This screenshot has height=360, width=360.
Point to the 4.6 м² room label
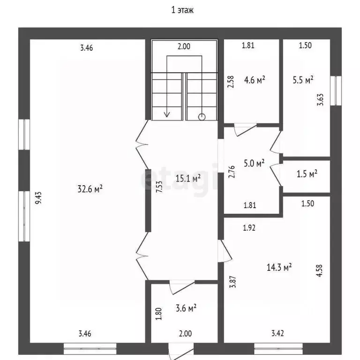[x=255, y=80]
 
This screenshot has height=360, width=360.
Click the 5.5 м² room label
[x=303, y=80]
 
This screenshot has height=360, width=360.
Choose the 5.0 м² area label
[x=254, y=164]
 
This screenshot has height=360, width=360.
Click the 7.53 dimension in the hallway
[x=159, y=187]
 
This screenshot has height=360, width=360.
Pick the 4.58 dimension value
[x=321, y=271]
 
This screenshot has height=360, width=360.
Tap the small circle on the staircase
[x=202, y=117]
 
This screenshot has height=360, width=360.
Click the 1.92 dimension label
[x=249, y=228]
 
